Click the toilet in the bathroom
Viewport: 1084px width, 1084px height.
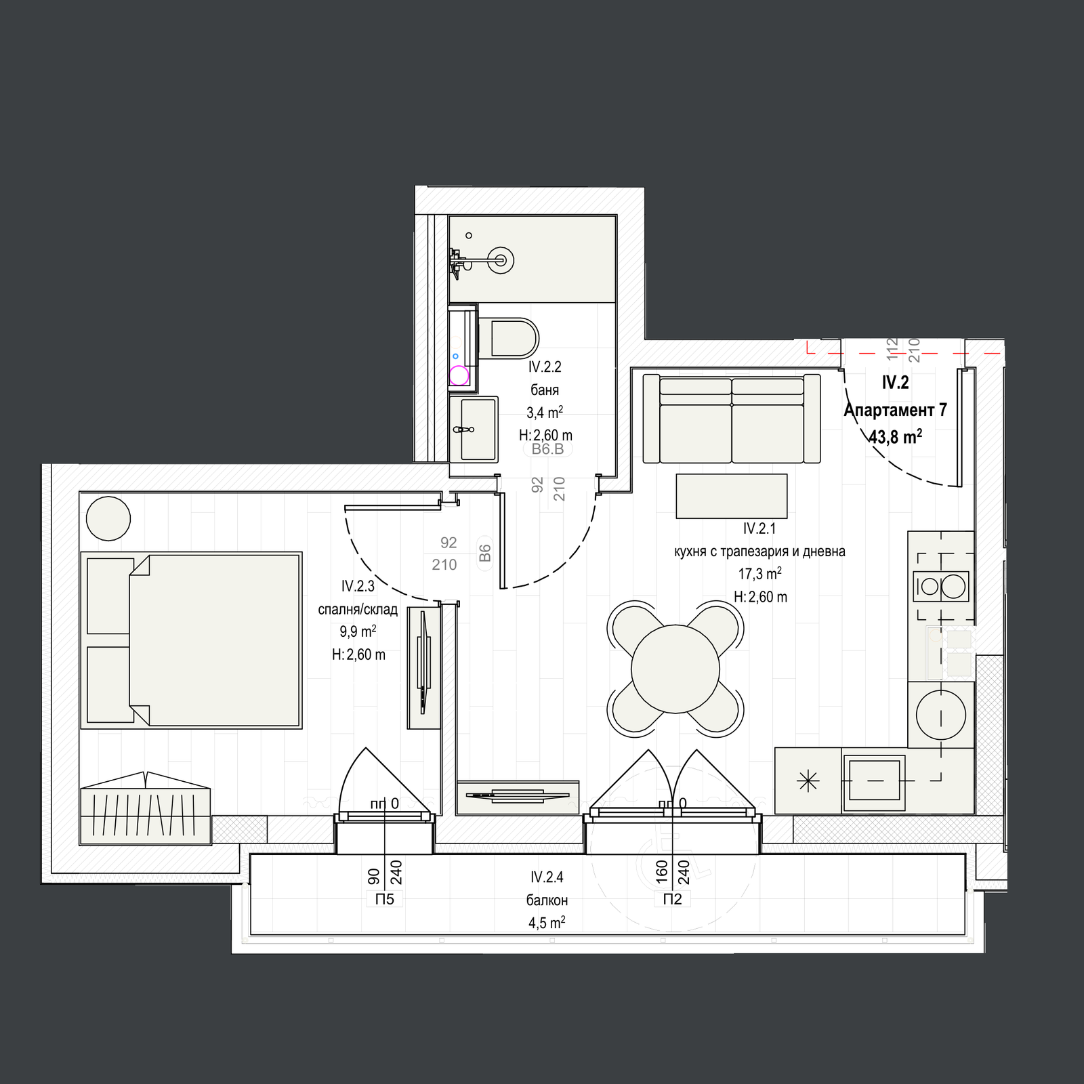click(508, 338)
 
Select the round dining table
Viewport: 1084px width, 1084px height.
click(675, 669)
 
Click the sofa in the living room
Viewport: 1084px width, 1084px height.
click(731, 418)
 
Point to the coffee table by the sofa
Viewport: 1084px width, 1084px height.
click(732, 496)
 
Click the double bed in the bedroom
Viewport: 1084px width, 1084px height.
click(191, 640)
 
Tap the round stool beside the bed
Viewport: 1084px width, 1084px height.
click(108, 518)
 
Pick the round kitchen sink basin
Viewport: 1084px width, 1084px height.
click(941, 714)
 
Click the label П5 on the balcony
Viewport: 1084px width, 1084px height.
click(384, 899)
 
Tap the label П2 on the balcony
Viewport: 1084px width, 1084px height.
click(672, 899)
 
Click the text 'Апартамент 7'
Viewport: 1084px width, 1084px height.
click(895, 410)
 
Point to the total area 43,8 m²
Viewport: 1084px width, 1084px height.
click(895, 437)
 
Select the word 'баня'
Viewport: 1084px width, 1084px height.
click(545, 390)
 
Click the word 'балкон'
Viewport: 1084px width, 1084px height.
click(547, 900)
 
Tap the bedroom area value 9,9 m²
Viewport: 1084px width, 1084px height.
click(358, 631)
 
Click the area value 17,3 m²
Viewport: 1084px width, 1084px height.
click(759, 574)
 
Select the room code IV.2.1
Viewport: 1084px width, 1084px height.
click(759, 528)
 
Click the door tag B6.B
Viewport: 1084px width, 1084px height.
click(547, 449)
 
